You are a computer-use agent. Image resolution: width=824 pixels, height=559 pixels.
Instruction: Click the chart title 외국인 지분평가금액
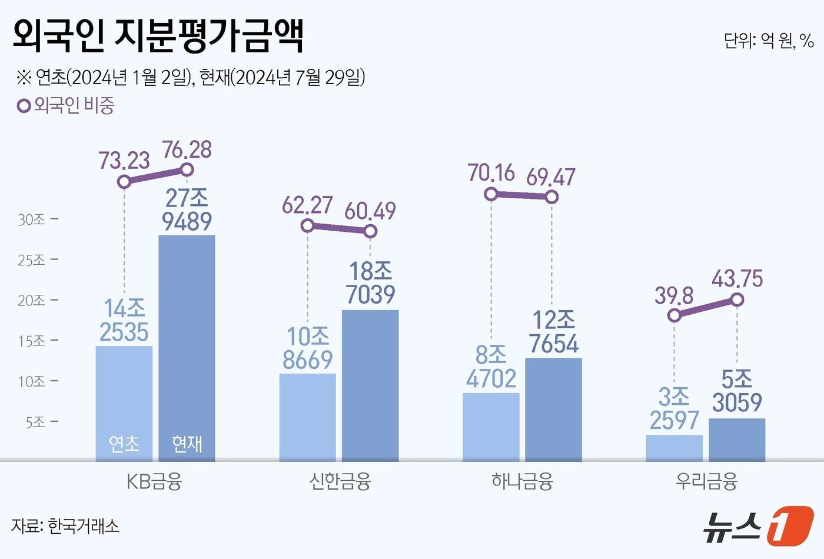158,36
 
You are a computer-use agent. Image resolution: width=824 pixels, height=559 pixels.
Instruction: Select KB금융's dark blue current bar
187,347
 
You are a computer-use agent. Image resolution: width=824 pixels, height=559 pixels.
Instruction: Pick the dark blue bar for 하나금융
553,409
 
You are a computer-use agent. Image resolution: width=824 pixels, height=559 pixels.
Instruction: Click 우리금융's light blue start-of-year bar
674,448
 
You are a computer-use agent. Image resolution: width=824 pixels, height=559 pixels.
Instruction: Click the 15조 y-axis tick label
32,341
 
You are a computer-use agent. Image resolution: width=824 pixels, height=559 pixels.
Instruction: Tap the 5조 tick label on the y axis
35,422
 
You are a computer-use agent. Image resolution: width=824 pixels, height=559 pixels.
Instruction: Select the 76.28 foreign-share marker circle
187,170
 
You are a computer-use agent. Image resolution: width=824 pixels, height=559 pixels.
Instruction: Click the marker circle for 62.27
307,225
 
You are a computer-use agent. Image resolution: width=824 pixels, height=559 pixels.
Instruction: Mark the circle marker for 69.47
551,197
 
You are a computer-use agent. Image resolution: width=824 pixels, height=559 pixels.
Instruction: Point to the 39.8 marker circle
675,315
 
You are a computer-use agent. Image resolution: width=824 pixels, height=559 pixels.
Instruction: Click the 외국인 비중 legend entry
66,106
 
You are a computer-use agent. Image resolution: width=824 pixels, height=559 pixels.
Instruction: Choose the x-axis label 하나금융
522,482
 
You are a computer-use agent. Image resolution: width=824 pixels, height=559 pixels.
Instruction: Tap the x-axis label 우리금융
706,482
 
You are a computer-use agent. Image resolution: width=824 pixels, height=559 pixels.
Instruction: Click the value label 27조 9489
187,209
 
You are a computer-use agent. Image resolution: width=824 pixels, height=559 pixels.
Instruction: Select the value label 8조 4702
491,367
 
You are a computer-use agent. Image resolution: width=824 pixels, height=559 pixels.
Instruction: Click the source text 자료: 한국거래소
65,525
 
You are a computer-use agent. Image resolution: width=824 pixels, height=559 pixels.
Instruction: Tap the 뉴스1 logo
759,525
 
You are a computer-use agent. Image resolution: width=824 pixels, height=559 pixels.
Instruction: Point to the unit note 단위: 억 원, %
769,41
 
